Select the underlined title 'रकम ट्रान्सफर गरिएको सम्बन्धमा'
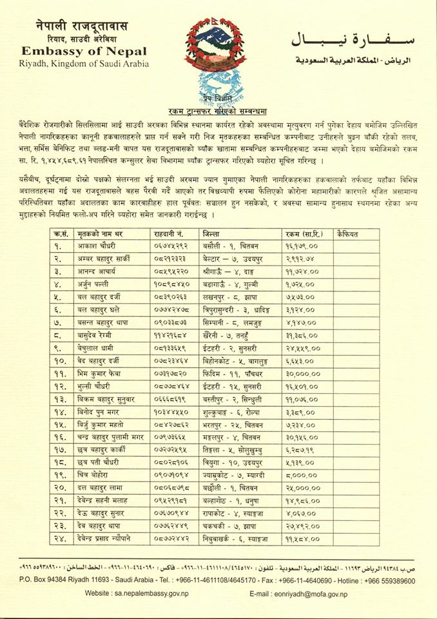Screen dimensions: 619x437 click(217, 110)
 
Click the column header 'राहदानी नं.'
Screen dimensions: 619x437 click(170, 233)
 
